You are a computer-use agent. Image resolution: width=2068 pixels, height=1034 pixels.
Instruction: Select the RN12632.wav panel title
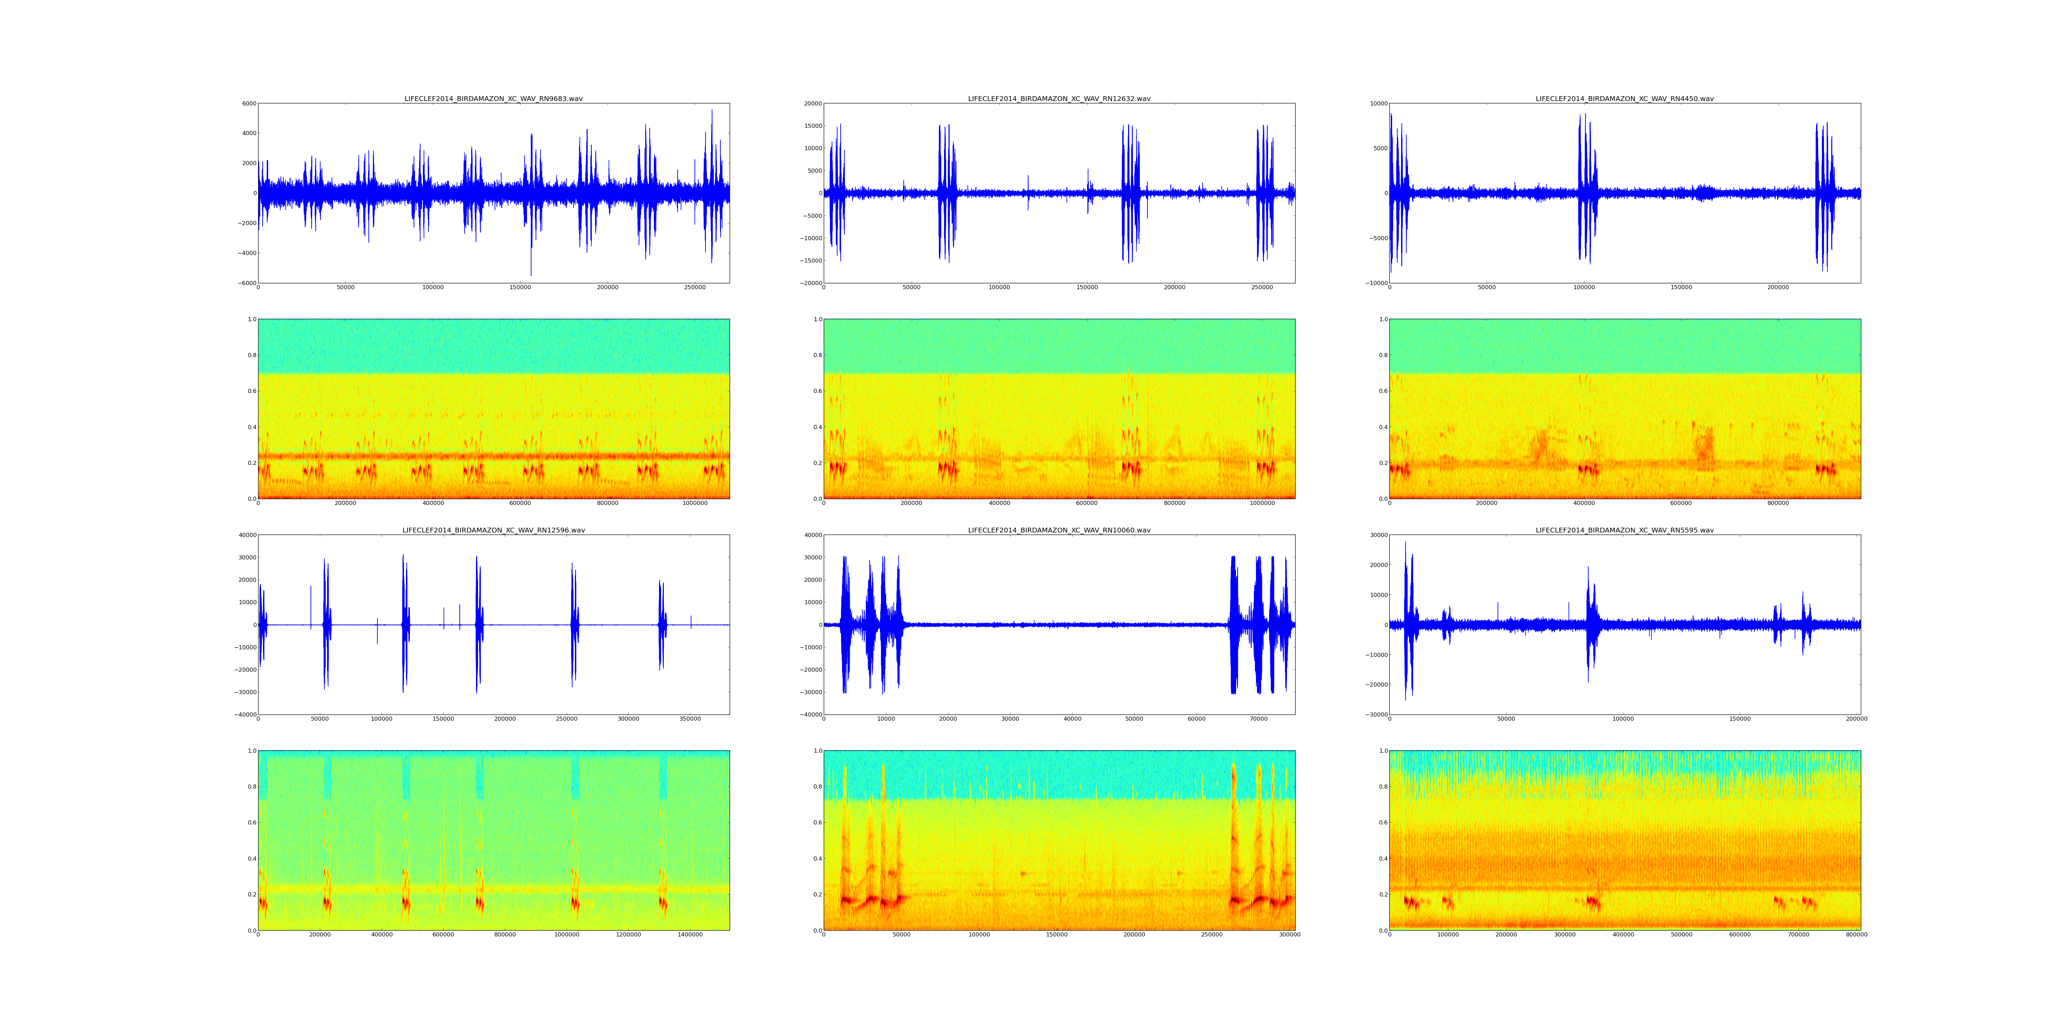[x=1059, y=99]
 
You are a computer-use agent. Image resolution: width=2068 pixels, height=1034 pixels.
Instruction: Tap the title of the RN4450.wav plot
[x=1624, y=99]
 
